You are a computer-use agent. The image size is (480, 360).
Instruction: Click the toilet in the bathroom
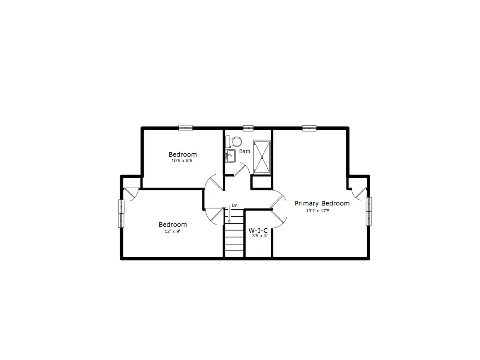pyautogui.click(x=233, y=142)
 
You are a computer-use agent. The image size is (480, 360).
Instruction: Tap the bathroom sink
pyautogui.click(x=230, y=156)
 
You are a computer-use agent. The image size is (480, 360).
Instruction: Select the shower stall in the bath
pyautogui.click(x=262, y=157)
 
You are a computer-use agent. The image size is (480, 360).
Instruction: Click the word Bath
pyautogui.click(x=244, y=151)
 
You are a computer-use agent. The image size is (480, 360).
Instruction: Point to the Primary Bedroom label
pyautogui.click(x=322, y=204)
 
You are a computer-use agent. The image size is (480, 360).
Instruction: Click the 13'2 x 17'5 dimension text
pyautogui.click(x=318, y=211)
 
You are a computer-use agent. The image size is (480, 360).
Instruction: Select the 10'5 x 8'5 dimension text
pyautogui.click(x=182, y=160)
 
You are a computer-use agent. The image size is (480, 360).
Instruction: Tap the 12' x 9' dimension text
pyautogui.click(x=172, y=231)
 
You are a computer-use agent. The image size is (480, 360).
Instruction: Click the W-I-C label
pyautogui.click(x=258, y=230)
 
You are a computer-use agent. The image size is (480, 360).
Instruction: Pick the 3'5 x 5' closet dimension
pyautogui.click(x=260, y=235)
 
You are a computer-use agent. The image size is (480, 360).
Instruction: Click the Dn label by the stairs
pyautogui.click(x=234, y=205)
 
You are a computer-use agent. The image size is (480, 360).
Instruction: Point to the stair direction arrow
pyautogui.click(x=229, y=214)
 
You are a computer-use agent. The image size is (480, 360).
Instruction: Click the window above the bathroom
pyautogui.click(x=248, y=128)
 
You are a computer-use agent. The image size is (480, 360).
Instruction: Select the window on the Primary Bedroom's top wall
pyautogui.click(x=309, y=128)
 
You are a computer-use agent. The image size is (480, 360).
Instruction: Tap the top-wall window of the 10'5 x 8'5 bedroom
pyautogui.click(x=186, y=128)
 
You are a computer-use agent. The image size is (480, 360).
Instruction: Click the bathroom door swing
pyautogui.click(x=242, y=169)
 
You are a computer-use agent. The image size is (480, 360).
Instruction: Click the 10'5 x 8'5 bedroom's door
pyautogui.click(x=214, y=183)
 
